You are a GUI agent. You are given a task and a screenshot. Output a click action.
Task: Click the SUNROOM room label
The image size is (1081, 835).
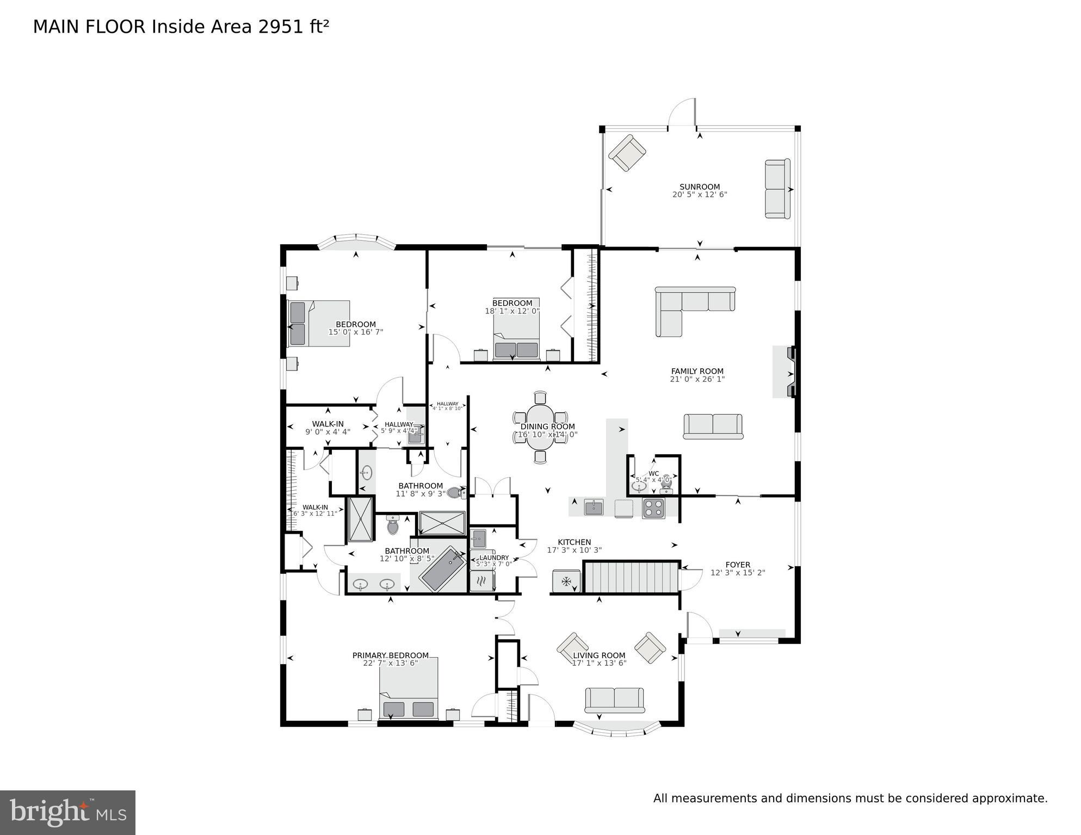click(x=699, y=187)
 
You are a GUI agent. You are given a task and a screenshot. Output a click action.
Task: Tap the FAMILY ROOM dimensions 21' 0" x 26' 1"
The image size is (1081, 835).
click(x=697, y=379)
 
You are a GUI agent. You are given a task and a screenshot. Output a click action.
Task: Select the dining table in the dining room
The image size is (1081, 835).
click(x=540, y=427)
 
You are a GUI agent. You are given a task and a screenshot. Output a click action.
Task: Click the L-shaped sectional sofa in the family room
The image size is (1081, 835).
click(x=688, y=305)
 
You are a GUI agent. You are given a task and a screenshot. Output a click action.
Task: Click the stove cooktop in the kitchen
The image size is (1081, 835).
click(x=653, y=508)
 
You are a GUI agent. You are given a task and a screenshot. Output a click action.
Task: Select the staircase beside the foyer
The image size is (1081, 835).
click(x=631, y=577)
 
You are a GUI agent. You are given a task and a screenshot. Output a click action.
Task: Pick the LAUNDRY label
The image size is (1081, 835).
click(x=494, y=558)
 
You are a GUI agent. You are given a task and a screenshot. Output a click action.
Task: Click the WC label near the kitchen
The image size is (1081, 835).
click(x=653, y=473)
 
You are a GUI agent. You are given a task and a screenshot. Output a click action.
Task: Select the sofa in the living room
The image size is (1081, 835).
click(x=614, y=700)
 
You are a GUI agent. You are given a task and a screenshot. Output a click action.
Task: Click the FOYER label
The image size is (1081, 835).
click(x=738, y=565)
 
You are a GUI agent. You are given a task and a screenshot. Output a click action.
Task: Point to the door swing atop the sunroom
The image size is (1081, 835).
click(x=682, y=113)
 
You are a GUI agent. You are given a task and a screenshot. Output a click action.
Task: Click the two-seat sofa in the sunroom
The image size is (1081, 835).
click(x=777, y=189)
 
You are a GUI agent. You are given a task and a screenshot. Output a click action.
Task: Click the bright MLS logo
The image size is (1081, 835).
click(x=67, y=812)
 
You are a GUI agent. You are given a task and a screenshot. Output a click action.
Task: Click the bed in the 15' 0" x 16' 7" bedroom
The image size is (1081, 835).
click(x=319, y=323)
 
